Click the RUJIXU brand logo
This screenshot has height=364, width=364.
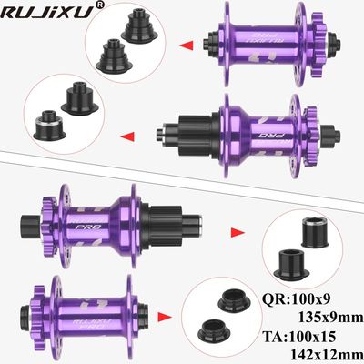point(46,13)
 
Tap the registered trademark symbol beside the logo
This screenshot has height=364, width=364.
point(100,5)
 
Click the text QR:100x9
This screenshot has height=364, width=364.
point(296,299)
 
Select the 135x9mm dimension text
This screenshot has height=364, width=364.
point(330,318)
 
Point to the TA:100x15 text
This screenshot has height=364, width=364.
point(299,337)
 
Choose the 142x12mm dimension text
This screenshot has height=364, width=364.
point(327,353)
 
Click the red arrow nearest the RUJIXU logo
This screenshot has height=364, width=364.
point(187,45)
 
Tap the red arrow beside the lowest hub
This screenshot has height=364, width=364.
point(165,317)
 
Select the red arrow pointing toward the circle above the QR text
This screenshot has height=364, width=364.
point(238,233)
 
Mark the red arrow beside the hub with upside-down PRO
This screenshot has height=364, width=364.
point(127,136)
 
